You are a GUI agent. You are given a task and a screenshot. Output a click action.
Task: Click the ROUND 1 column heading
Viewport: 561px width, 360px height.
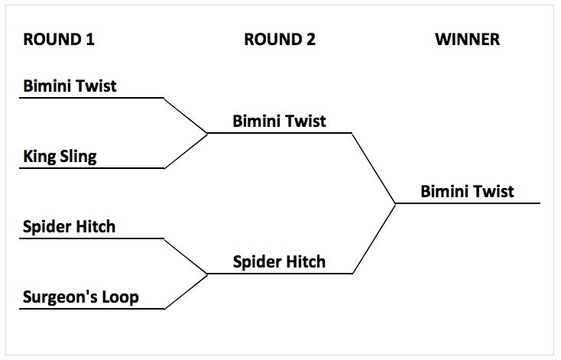pos(59,40)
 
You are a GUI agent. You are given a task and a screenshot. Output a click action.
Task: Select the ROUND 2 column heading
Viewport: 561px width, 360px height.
pos(279,40)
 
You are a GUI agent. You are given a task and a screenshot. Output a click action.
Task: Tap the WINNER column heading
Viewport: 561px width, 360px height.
pos(467,40)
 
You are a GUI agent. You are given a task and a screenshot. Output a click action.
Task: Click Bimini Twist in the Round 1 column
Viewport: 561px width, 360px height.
pos(70,86)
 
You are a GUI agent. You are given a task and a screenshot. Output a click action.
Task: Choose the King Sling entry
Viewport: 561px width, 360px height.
pos(60,157)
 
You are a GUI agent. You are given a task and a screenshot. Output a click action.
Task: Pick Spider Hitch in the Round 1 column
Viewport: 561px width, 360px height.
pos(69,227)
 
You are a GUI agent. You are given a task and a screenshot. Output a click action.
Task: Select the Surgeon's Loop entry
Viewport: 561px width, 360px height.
pos(80,297)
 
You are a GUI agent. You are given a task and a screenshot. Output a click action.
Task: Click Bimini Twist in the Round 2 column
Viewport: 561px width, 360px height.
pos(279,121)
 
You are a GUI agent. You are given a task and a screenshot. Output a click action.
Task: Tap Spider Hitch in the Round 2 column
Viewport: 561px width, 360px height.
pos(279,262)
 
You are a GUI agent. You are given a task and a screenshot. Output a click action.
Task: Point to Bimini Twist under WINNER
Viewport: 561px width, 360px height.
pos(467,191)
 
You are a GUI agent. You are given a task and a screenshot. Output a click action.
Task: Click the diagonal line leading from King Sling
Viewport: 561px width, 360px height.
pos(186,151)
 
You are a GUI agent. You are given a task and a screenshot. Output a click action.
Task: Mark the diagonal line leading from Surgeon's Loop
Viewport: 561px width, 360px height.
pos(186,291)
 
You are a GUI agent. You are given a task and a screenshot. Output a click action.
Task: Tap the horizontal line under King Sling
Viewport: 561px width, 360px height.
pos(92,168)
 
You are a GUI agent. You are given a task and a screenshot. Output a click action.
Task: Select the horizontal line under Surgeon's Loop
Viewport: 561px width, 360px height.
pos(92,309)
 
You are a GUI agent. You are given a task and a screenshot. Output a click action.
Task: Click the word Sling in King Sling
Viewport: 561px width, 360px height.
pos(78,157)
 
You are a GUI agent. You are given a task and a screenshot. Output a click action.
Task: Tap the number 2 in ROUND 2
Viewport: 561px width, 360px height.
pos(310,40)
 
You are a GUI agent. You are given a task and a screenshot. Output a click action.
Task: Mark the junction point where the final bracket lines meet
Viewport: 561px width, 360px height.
pos(395,203)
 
